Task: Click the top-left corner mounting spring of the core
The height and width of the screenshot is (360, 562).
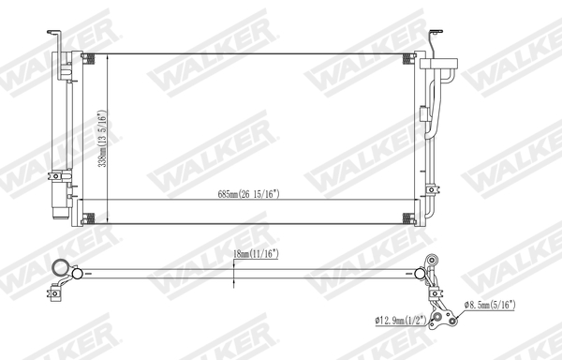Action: pyautogui.click(x=89, y=59)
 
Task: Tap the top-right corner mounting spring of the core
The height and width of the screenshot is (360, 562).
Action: pyautogui.click(x=407, y=59)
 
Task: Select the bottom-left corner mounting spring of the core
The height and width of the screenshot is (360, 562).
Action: pyautogui.click(x=89, y=219)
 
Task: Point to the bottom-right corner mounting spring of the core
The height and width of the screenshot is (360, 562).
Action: pyautogui.click(x=407, y=219)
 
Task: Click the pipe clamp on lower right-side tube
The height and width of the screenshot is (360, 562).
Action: pyautogui.click(x=432, y=187)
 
